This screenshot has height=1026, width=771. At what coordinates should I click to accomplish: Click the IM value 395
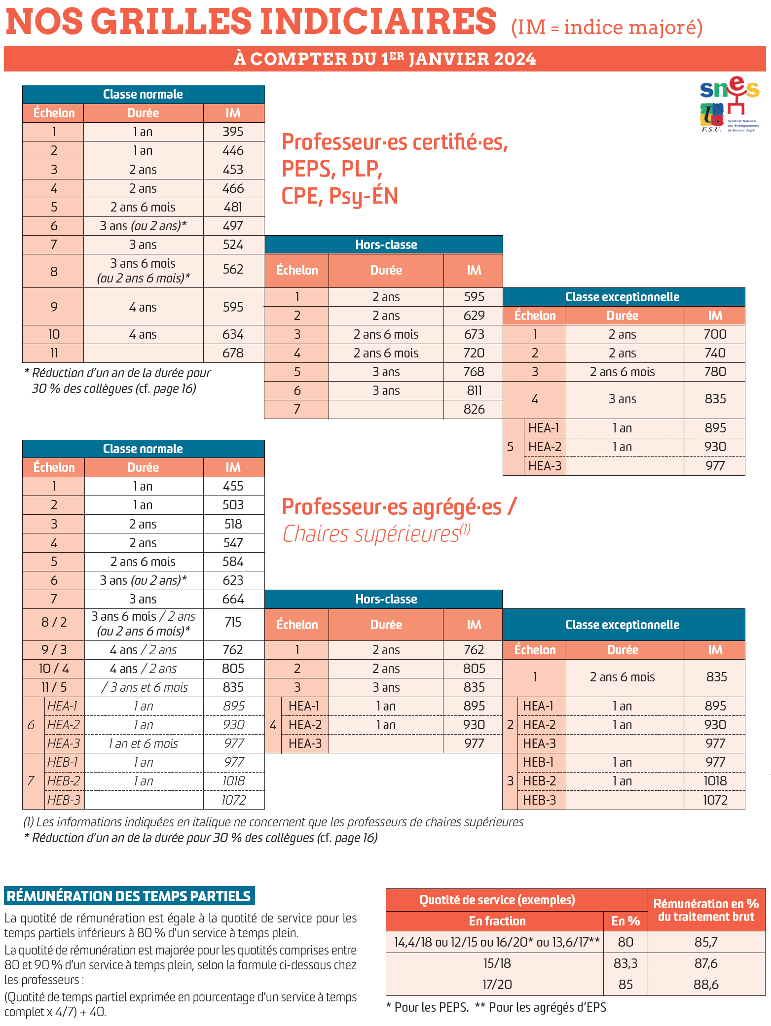pos(233,132)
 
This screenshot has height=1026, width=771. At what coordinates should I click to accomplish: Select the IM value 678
pos(233,353)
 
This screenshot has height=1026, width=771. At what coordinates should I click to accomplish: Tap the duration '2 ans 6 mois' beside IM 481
pos(143,207)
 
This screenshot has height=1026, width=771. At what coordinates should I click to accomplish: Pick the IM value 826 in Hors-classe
pos(474,409)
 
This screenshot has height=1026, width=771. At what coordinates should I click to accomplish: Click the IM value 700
pos(715,334)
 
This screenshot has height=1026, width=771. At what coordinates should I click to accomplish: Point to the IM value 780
pos(715,372)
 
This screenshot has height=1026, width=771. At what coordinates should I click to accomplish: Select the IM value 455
pos(233,486)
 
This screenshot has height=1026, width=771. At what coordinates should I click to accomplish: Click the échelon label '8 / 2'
pos(54,622)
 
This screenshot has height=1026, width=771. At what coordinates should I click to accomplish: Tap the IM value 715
pos(233,622)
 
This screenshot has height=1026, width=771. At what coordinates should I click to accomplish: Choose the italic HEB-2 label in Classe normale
pos(64,781)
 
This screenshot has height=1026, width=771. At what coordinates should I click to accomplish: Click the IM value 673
pos(474,334)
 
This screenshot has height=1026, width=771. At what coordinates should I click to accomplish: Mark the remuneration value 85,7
pos(706,942)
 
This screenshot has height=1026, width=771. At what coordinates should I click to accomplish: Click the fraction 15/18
pos(497,963)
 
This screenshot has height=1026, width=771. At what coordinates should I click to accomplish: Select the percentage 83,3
pos(625,963)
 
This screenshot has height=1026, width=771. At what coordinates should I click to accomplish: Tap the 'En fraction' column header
pos(497,921)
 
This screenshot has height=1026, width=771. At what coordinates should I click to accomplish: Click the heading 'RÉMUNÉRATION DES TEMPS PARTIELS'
pos(129,896)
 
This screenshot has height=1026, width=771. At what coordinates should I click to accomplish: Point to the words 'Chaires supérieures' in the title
pos(370,534)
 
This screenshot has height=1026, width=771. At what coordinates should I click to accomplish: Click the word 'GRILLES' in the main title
pos(172,22)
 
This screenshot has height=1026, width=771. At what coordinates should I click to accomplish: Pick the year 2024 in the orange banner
pos(514,59)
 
